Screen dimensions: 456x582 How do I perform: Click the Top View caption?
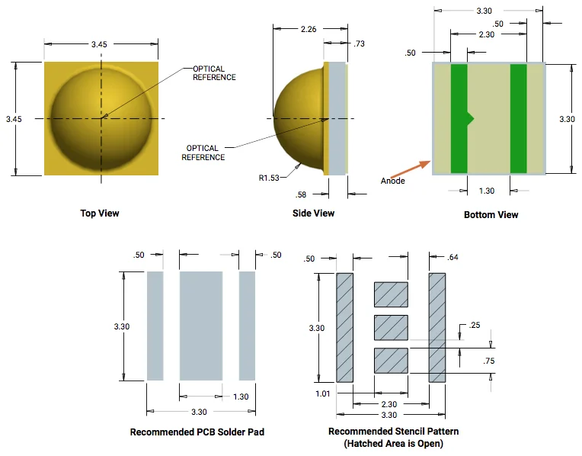100,214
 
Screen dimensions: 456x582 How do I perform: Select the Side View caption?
313,214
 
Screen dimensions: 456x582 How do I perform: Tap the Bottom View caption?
491,215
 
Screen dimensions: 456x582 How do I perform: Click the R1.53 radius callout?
270,178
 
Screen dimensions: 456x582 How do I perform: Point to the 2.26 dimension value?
308,30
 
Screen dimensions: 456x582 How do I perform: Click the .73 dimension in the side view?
360,44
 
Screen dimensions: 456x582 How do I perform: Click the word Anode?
393,181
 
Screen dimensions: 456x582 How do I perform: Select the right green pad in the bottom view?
519,119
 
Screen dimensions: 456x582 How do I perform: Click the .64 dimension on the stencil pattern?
453,257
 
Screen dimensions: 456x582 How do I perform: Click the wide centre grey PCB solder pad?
201,326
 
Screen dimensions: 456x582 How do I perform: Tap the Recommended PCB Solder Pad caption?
197,432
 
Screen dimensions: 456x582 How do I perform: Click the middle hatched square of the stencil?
392,327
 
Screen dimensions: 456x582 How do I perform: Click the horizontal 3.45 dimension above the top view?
99,45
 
